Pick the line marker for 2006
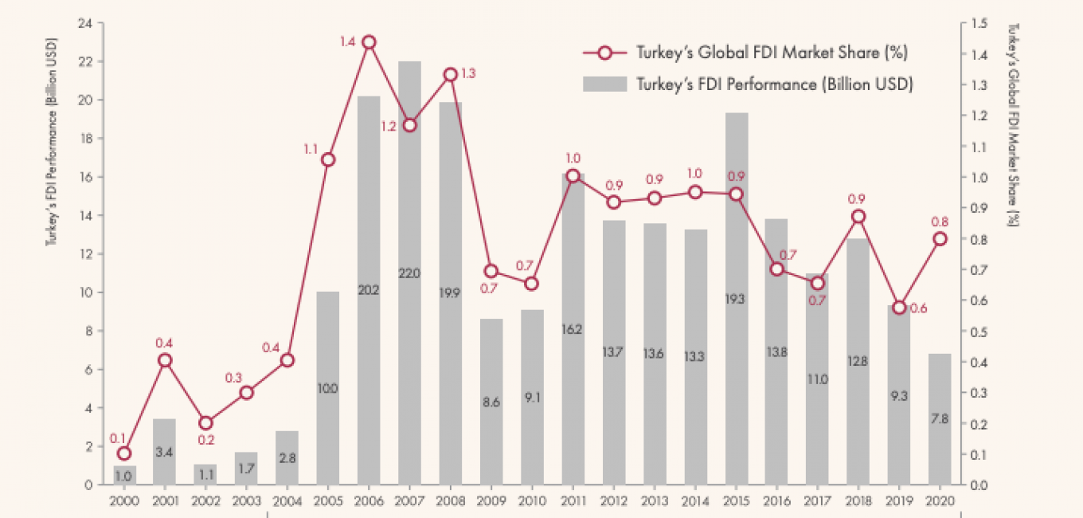[368, 42]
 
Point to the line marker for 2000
[123, 453]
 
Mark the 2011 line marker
[573, 176]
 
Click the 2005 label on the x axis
[327, 501]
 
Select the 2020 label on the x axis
[940, 501]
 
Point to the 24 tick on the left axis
[85, 23]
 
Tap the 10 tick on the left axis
[85, 292]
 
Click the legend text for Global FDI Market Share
[772, 53]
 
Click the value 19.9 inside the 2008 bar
[450, 292]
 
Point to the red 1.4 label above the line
[347, 41]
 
